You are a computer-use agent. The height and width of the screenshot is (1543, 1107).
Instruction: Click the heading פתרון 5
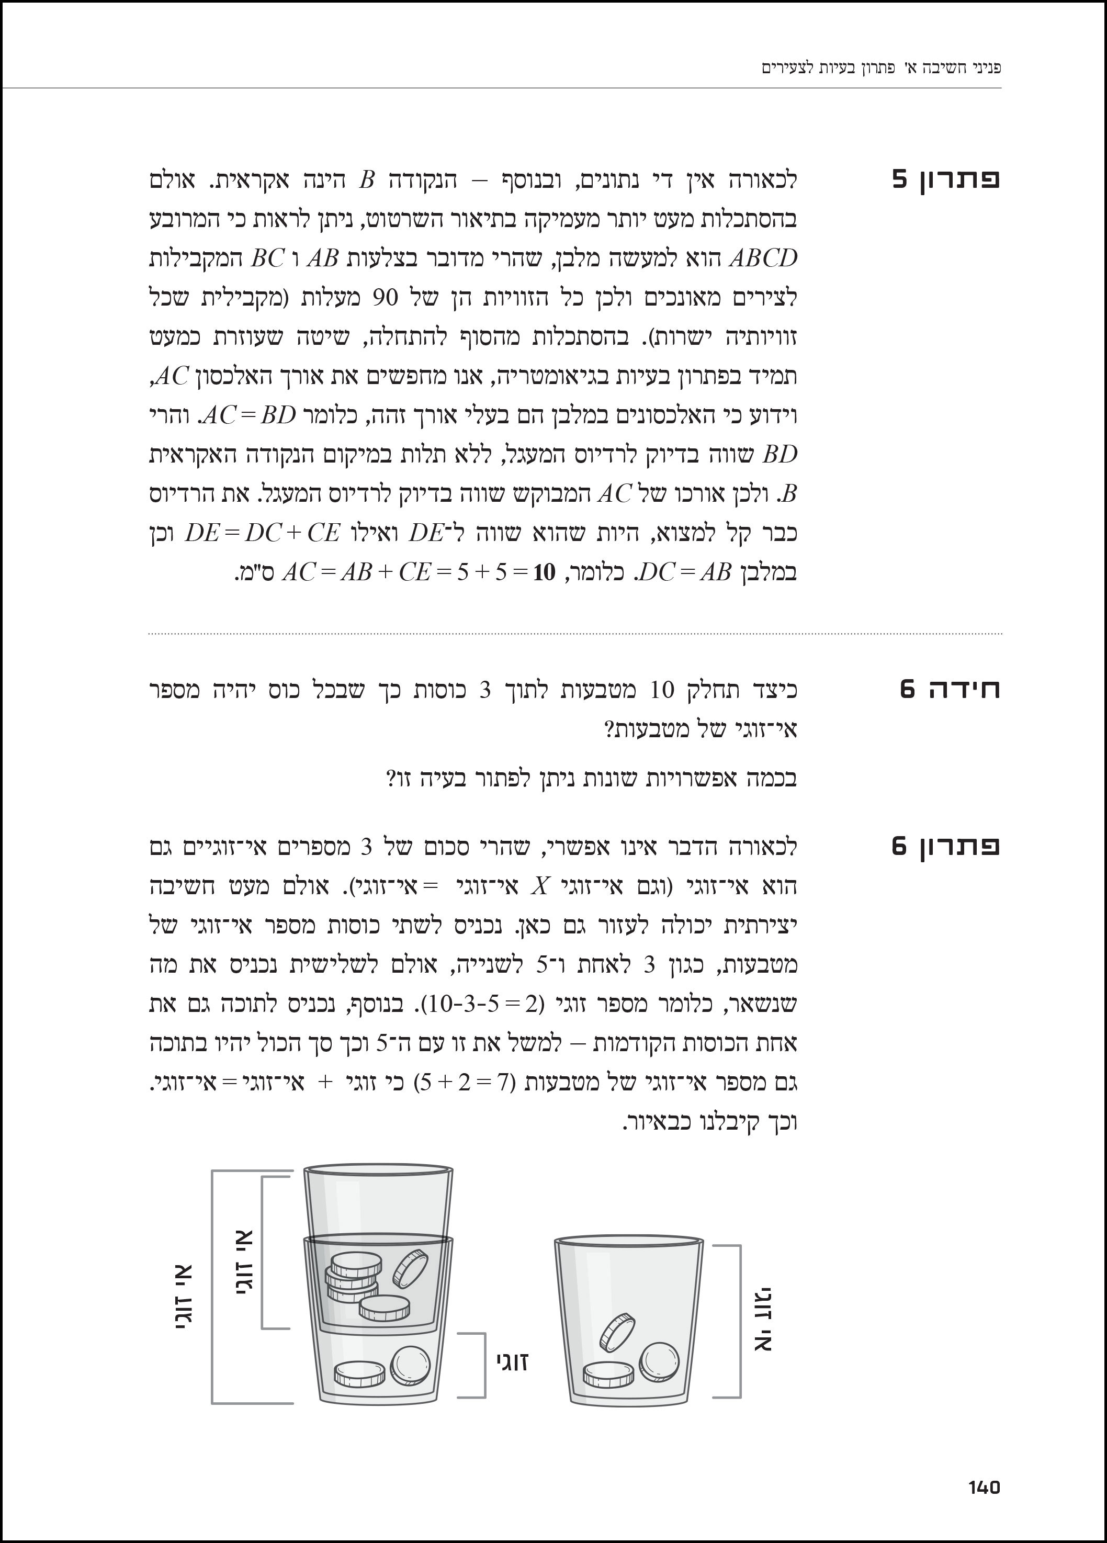click(946, 179)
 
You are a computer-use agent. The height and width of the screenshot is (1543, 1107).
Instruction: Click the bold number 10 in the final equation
click(544, 573)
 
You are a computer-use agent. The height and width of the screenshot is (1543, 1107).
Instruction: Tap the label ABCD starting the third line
click(762, 258)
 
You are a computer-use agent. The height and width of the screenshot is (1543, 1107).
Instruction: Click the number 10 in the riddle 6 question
click(661, 691)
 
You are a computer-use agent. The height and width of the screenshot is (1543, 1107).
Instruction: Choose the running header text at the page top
click(881, 68)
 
